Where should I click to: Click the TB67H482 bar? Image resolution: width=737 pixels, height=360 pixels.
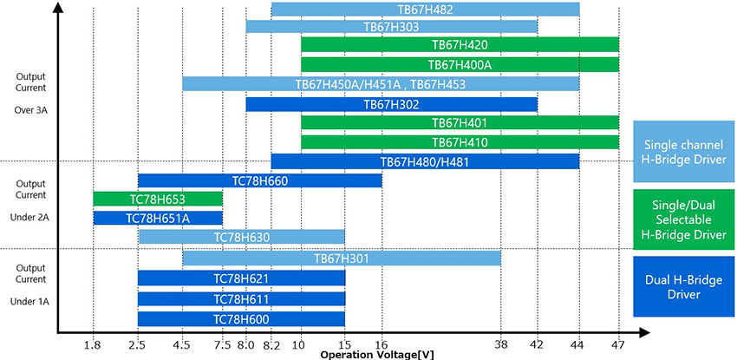pos(425,10)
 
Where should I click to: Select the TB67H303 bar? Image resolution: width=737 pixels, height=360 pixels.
pos(391,27)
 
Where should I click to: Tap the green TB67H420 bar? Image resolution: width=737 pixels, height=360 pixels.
pos(460,45)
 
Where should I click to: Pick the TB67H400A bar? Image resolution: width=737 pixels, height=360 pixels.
pos(460,64)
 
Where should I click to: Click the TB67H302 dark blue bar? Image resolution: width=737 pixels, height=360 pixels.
pos(391,104)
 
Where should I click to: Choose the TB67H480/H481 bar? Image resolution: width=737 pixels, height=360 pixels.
pos(425,161)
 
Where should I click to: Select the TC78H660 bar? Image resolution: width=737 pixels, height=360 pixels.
pos(259,180)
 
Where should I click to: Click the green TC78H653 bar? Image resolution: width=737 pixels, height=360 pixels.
pos(157,199)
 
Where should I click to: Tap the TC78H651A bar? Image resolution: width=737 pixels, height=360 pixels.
pos(157,218)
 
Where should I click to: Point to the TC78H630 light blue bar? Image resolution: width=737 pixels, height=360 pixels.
pos(241,237)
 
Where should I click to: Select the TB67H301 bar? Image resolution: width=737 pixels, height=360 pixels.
pos(342,258)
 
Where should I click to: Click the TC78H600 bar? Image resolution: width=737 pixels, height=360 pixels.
pos(241,318)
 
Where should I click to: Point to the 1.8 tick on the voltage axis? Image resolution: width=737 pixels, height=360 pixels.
pos(93,346)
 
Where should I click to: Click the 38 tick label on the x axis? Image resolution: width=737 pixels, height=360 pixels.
pos(501,346)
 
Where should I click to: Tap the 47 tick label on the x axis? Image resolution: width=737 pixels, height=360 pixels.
pos(618,346)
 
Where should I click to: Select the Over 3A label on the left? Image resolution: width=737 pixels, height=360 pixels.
pos(30,112)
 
